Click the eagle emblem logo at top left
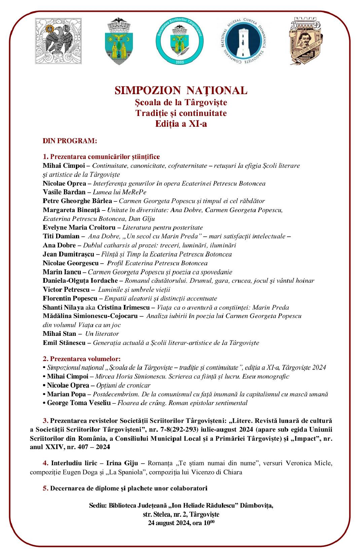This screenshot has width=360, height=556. click(x=58, y=40)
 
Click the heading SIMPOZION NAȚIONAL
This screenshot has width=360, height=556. click(x=181, y=90)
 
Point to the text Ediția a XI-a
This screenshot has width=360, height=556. click(x=181, y=124)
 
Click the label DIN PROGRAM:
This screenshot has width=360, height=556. click(x=70, y=141)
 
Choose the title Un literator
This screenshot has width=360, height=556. click(x=102, y=334)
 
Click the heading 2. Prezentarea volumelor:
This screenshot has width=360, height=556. click(x=81, y=359)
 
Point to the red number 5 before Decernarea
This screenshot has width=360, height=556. click(x=45, y=488)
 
